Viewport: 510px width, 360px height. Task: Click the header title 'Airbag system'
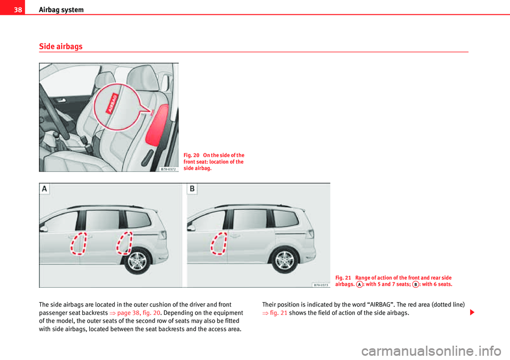coord(61,10)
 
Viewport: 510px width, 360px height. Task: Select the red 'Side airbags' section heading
coord(61,47)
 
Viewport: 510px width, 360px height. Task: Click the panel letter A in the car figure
coord(44,190)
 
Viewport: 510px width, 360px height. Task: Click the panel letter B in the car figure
coord(192,190)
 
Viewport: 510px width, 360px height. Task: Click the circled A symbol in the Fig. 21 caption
coord(360,285)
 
